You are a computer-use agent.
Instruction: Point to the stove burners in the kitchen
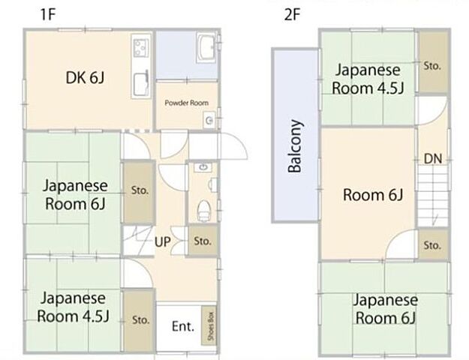tap(140, 51)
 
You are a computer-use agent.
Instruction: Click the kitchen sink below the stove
tap(140, 84)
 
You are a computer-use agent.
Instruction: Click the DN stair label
tap(432, 158)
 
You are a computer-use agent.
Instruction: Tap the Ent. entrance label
tap(183, 326)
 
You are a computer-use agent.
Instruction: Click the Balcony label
tap(295, 146)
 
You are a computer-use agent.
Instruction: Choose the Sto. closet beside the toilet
tap(202, 241)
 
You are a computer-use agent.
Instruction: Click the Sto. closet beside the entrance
tap(140, 319)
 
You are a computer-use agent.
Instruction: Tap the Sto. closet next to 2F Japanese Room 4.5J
tap(431, 65)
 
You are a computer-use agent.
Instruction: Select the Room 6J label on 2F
tap(373, 196)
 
